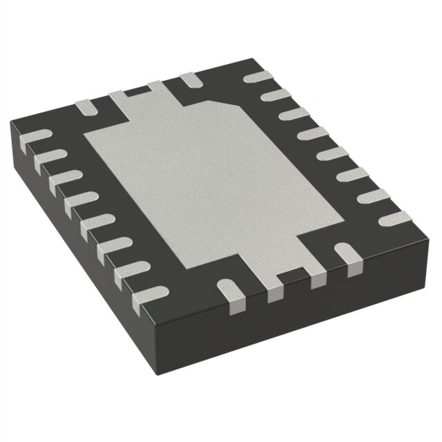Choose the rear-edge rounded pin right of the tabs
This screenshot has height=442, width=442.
tap(190, 81)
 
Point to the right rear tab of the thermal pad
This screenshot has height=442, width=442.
tap(160, 88)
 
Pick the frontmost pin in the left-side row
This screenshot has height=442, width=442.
tap(146, 298)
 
